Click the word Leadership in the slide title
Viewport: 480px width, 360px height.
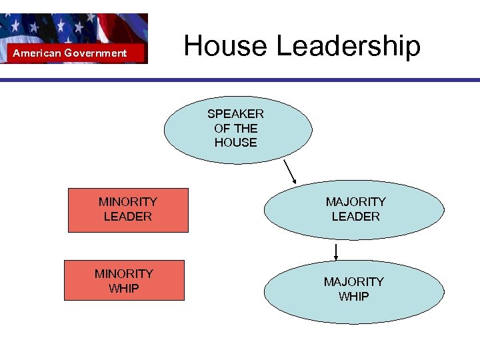[x=348, y=47]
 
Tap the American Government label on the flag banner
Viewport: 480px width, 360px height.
[x=70, y=53]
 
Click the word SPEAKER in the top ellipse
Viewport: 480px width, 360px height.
[x=235, y=113]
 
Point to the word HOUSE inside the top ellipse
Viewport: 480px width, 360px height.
[x=235, y=142]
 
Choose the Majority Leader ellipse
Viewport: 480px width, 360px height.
[x=354, y=209]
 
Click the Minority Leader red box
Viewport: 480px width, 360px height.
[x=128, y=209]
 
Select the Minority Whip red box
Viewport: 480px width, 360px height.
[x=124, y=281]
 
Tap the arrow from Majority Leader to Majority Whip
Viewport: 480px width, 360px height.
[x=336, y=252]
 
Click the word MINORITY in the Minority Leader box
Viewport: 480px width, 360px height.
[x=128, y=201]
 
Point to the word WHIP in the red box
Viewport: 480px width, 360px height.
[x=124, y=288]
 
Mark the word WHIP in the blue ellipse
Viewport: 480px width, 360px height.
[x=354, y=297]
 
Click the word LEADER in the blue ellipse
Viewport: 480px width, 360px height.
[x=355, y=217]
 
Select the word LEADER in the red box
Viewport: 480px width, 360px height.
[x=128, y=217]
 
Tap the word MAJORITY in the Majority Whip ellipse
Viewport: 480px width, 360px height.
[x=354, y=282]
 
